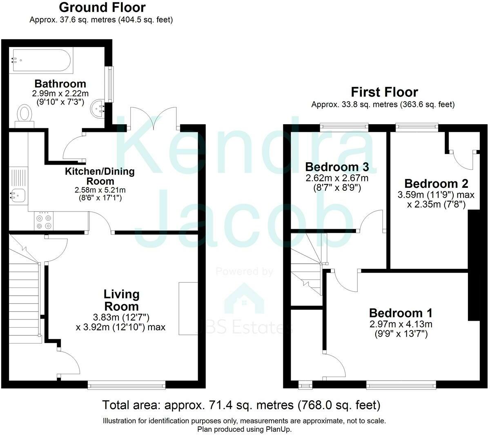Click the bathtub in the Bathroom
click(41, 60)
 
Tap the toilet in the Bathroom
click(24, 116)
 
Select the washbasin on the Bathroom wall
click(98, 109)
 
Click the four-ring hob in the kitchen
click(44, 221)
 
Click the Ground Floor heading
click(102, 7)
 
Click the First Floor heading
click(384, 92)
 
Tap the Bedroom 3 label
click(337, 167)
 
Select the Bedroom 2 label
click(437, 184)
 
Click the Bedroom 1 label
click(401, 313)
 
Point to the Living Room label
click(122, 300)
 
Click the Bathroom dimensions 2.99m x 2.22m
click(60, 94)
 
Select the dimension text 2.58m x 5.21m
click(100, 190)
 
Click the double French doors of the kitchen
click(154, 118)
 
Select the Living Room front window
click(127, 385)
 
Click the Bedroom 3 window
click(344, 127)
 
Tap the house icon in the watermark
click(244, 298)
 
